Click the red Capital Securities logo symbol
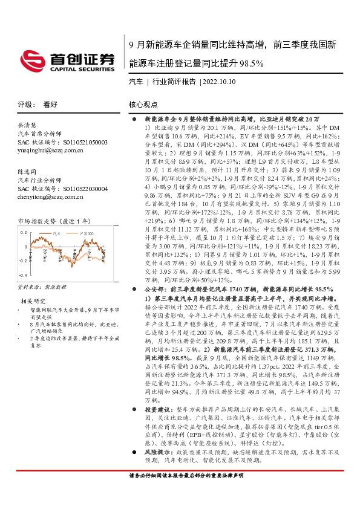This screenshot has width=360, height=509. pos(36,59)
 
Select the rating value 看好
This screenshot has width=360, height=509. pos(50,104)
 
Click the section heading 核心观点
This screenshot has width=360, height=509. pos(143,104)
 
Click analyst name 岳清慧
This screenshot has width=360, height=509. pos(28,125)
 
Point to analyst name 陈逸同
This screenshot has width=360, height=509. pos(28,172)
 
